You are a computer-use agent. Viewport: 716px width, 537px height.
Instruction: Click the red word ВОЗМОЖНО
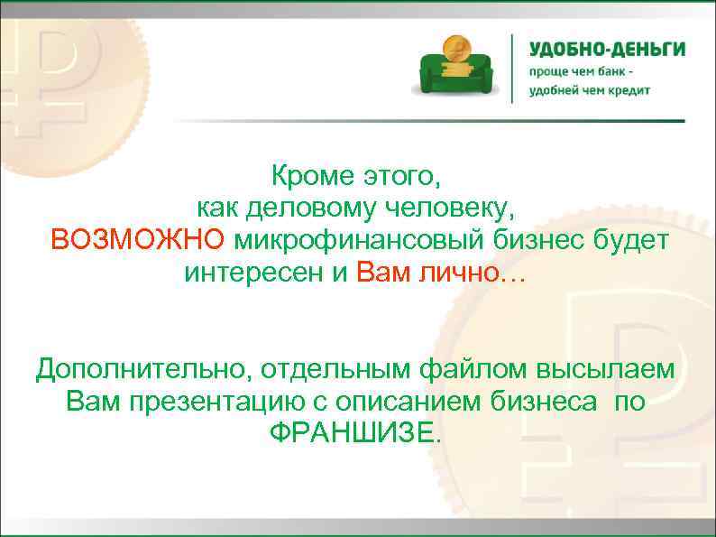coord(138,240)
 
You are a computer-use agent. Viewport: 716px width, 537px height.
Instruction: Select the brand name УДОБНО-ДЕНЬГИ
coord(606,50)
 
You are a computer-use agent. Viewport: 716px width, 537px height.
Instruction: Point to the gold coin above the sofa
coord(454,46)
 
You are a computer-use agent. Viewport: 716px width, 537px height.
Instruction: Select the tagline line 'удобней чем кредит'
coord(589,90)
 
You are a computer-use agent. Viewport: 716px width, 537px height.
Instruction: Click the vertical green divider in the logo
coord(513,68)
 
